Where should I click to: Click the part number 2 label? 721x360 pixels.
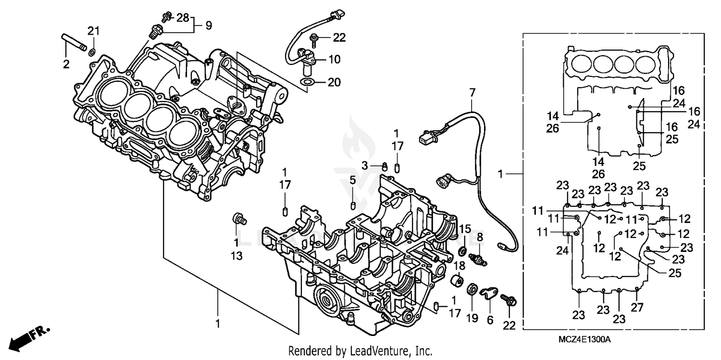(x=66, y=64)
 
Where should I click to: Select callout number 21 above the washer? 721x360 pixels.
(x=93, y=32)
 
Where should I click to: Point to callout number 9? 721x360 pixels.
(x=208, y=26)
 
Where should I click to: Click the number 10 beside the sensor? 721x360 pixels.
(x=335, y=60)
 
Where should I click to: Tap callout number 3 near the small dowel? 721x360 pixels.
(x=365, y=165)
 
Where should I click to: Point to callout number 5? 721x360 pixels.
(x=352, y=180)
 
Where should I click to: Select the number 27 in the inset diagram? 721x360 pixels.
(x=636, y=308)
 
